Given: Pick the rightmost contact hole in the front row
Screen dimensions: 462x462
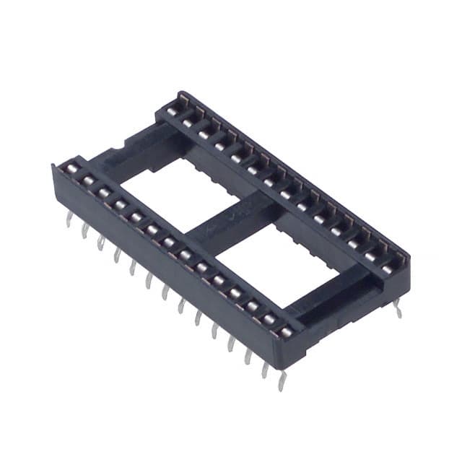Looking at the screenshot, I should coord(287,333).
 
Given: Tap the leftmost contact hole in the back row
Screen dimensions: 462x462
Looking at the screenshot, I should coord(172,110).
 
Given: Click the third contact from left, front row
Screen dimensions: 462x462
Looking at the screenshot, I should coord(104,193).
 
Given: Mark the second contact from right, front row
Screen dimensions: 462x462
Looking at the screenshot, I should coord(269,320).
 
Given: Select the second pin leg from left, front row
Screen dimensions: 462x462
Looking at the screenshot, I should coord(84,230).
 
